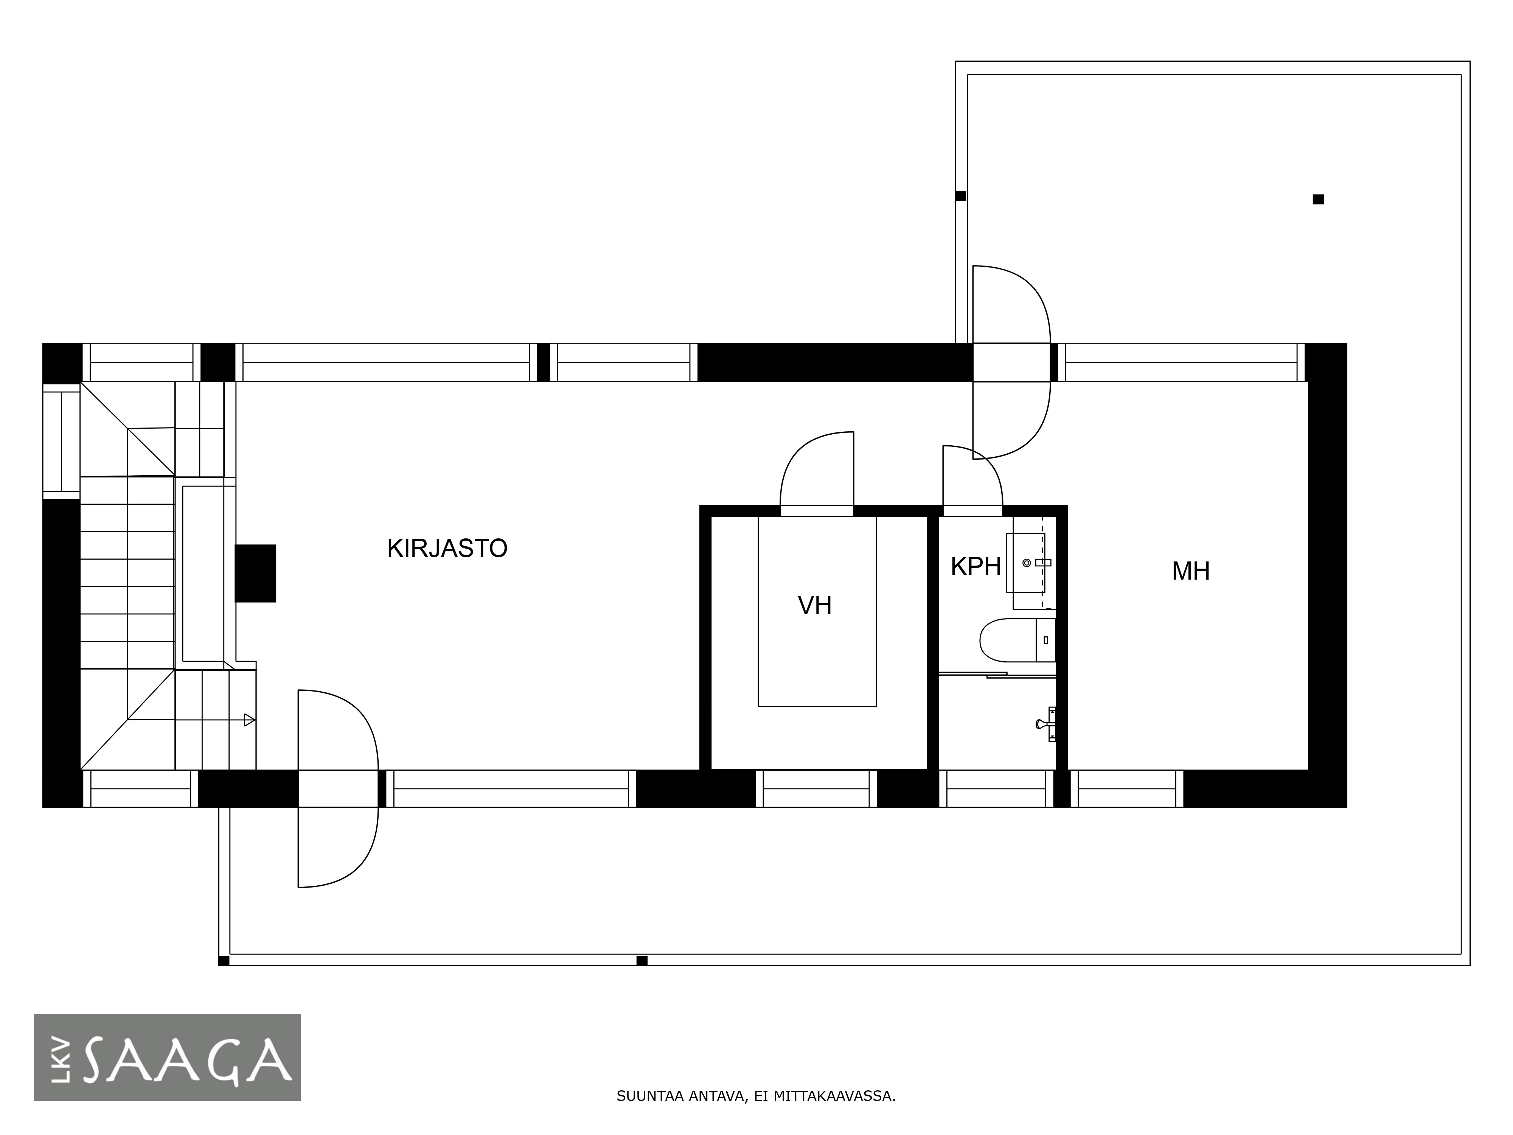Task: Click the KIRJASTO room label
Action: pos(447,549)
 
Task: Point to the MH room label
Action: pos(1191,571)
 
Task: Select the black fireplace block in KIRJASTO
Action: pos(255,573)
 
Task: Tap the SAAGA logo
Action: pos(168,1057)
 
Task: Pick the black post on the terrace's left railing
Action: pos(960,196)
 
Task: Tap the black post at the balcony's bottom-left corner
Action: pos(224,961)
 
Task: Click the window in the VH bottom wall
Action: pos(816,788)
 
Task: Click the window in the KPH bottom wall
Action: pos(996,788)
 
